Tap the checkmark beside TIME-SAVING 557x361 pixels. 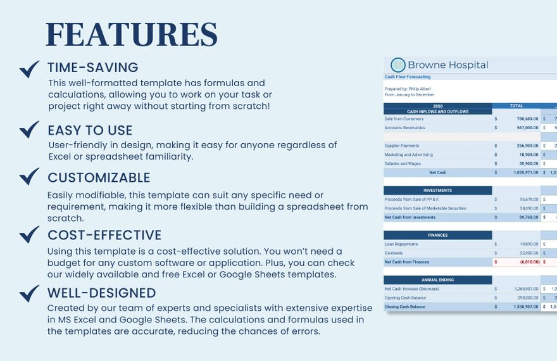29,69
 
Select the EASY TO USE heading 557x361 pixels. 90,130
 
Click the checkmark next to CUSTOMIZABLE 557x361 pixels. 29,176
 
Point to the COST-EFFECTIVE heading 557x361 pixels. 104,235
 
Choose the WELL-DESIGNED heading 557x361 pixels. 101,293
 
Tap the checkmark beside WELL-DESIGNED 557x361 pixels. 29,293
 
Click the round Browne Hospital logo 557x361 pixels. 398,65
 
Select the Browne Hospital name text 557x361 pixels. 448,65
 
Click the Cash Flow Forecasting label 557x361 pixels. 408,77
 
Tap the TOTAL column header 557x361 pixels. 516,106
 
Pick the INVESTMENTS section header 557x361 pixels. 437,190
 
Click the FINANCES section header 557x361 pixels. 437,235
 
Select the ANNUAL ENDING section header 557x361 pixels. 437,280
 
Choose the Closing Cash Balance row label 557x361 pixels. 406,307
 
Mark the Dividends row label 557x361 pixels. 394,253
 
